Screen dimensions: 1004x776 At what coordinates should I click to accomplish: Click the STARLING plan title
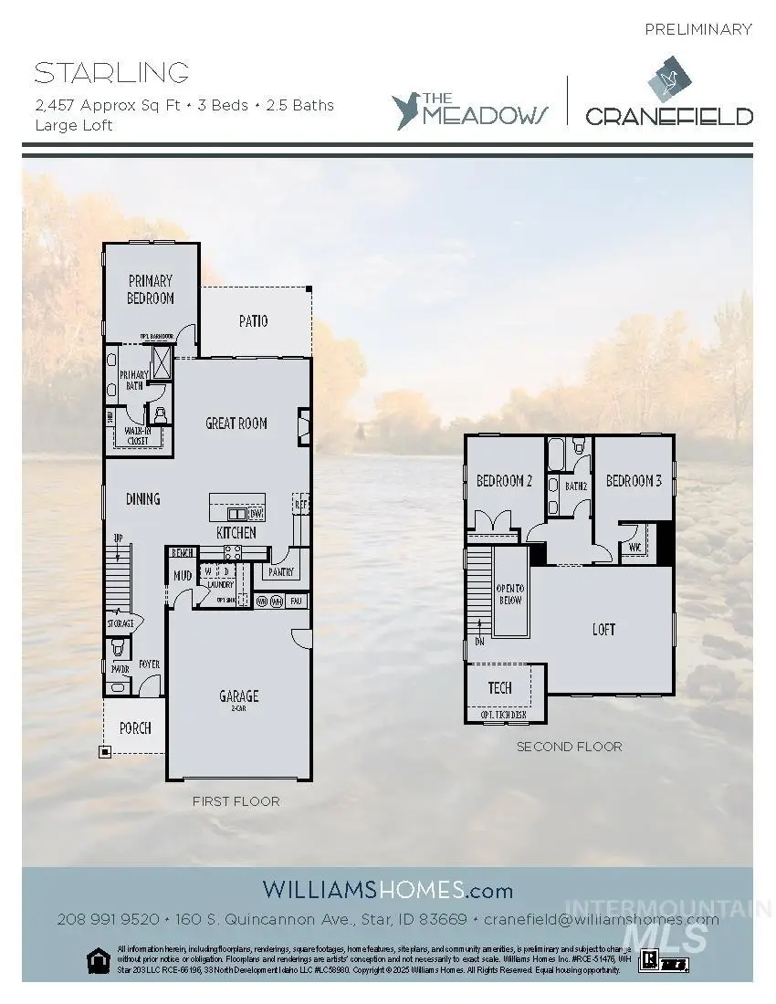[x=112, y=73]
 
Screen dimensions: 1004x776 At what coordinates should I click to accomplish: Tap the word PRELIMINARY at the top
[x=698, y=29]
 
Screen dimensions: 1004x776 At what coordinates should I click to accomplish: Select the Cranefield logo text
[x=669, y=116]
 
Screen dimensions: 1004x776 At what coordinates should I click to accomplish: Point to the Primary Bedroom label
[x=151, y=289]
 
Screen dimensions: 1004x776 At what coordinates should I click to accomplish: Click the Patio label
[x=253, y=321]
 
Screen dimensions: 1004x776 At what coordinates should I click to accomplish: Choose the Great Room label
[x=236, y=423]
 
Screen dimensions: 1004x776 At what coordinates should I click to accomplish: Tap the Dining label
[x=142, y=498]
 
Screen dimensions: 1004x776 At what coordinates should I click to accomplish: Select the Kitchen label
[x=236, y=532]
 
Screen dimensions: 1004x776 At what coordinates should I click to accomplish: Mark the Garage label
[x=238, y=695]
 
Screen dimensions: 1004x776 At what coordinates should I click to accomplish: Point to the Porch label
[x=135, y=727]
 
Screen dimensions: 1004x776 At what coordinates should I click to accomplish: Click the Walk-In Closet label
[x=137, y=436]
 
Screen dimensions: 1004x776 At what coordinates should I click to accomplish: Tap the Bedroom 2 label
[x=504, y=481]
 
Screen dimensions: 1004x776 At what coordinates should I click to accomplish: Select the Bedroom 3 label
[x=634, y=481]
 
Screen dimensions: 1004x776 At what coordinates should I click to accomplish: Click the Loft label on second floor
[x=603, y=629]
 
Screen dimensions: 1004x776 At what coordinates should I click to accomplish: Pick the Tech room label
[x=499, y=687]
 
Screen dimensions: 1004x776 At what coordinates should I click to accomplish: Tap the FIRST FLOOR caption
[x=236, y=801]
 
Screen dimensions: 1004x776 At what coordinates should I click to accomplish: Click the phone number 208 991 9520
[x=109, y=919]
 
